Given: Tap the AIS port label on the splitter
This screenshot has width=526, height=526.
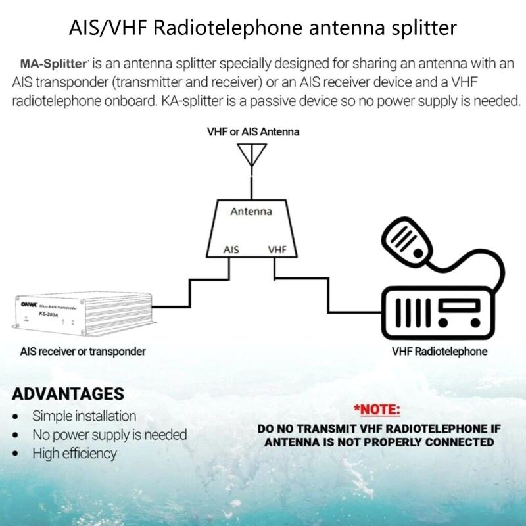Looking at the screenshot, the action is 231,250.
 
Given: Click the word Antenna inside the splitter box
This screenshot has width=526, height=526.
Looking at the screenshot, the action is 251,212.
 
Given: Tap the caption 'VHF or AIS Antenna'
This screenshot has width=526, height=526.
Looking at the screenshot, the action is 252,131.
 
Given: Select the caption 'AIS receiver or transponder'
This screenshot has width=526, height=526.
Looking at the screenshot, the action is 82,352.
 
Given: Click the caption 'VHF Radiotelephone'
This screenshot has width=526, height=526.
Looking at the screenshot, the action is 439,352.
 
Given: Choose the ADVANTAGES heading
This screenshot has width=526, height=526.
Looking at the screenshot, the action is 68,394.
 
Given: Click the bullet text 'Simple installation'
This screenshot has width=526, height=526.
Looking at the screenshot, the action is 84,416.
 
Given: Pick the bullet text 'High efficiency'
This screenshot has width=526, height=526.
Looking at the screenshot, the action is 74,453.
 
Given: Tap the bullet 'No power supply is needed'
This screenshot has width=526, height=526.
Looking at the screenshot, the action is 110,435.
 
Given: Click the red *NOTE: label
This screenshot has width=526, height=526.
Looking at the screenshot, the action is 376,410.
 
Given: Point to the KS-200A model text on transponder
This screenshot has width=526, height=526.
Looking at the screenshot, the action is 48,315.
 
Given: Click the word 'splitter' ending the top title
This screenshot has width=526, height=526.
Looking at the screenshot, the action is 423,28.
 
